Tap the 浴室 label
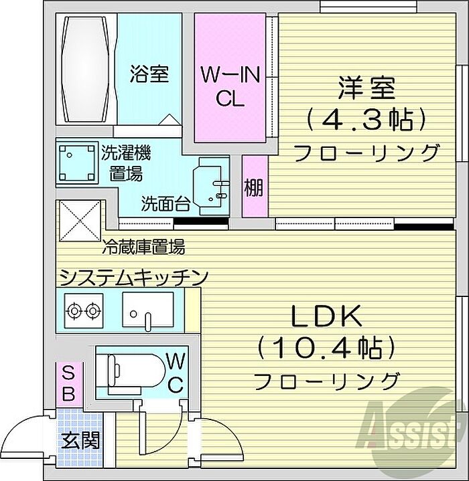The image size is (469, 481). tap(148, 74)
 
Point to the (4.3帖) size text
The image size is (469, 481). tap(366, 120)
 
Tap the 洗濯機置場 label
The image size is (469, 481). tap(126, 163)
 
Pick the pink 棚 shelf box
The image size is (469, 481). tap(254, 187)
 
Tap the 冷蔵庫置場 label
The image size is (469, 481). tap(143, 248)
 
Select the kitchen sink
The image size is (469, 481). tap(148, 310)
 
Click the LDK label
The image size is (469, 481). tap(326, 314)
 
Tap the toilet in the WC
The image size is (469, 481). tap(127, 370)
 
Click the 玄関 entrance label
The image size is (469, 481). tap(81, 441)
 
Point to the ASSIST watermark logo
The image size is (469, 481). tap(413, 423)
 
